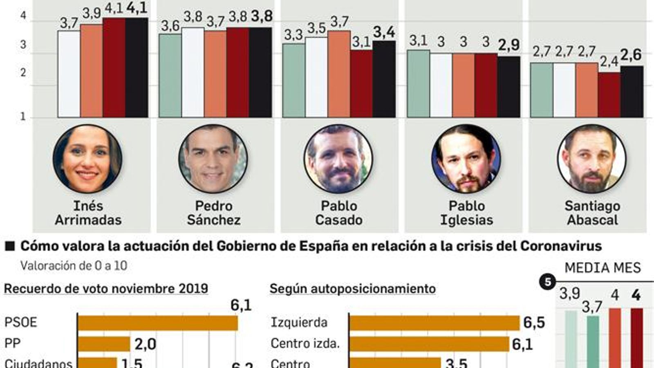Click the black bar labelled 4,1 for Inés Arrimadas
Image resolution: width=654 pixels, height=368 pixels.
pyautogui.click(x=137, y=67)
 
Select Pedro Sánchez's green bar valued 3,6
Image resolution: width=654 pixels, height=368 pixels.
pyautogui.click(x=170, y=76)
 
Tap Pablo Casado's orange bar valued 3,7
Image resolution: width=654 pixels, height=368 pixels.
pyautogui.click(x=339, y=74)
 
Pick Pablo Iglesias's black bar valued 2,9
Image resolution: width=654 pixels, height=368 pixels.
pyautogui.click(x=508, y=87)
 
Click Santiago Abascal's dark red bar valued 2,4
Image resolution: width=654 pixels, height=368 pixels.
pyautogui.click(x=609, y=95)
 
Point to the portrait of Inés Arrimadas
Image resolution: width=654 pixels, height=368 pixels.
pyautogui.click(x=87, y=159)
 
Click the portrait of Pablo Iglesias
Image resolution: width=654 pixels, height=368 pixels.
pyautogui.click(x=466, y=159)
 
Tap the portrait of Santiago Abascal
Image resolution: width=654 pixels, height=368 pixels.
pyautogui.click(x=591, y=159)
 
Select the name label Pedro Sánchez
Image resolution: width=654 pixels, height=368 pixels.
pyautogui.click(x=213, y=213)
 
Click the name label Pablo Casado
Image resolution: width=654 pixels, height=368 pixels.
pyautogui.click(x=339, y=213)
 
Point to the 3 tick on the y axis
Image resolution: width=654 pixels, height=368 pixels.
pyautogui.click(x=23, y=45)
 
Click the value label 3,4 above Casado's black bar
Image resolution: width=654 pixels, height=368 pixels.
pyautogui.click(x=384, y=32)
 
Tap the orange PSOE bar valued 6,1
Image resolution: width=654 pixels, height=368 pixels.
pyautogui.click(x=158, y=323)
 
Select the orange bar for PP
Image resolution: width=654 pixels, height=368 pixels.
pyautogui.click(x=104, y=344)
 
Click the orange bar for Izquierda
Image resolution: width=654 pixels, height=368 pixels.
pyautogui.click(x=434, y=323)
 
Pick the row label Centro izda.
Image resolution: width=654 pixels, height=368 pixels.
pyautogui.click(x=305, y=343)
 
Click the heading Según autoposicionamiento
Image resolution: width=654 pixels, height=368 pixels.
pyautogui.click(x=352, y=289)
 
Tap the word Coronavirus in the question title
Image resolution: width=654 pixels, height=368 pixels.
pyautogui.click(x=561, y=246)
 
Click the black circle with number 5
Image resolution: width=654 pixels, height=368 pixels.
pyautogui.click(x=547, y=282)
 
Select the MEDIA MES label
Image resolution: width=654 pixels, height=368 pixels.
pyautogui.click(x=602, y=268)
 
